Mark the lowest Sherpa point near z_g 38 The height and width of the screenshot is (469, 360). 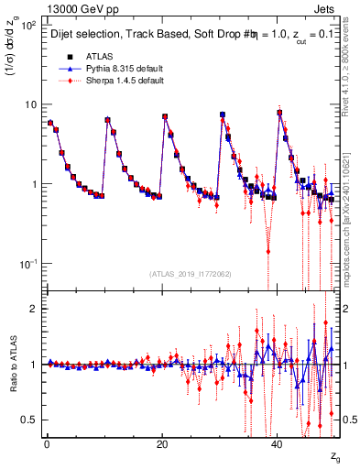click(268, 250)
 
